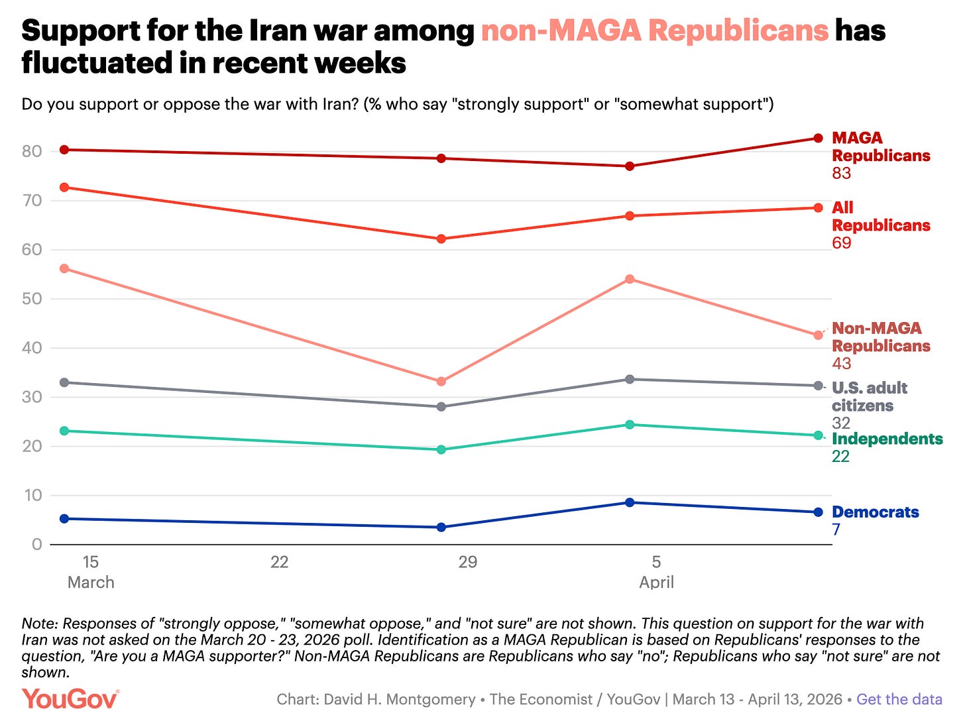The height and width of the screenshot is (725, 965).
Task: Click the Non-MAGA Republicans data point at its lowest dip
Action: (x=441, y=382)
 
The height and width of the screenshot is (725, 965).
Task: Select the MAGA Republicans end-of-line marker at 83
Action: (x=818, y=138)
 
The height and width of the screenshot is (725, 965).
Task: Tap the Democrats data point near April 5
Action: (x=630, y=502)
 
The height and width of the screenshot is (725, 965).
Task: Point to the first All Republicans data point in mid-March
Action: (x=64, y=188)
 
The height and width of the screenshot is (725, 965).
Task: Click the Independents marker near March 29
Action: (x=441, y=449)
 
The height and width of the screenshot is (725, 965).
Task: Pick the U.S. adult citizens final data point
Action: (x=818, y=386)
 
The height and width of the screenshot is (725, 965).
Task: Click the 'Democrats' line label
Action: (x=875, y=512)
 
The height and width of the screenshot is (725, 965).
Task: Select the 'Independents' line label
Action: (x=887, y=439)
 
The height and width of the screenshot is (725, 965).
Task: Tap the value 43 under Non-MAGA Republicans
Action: (x=841, y=363)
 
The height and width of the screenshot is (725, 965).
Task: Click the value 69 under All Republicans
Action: (x=841, y=243)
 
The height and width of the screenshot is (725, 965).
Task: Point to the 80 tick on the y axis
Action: (x=32, y=151)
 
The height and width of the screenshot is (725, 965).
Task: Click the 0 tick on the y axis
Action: (x=36, y=544)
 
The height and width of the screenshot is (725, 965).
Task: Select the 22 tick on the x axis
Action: (x=279, y=562)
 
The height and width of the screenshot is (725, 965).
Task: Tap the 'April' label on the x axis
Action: (x=656, y=582)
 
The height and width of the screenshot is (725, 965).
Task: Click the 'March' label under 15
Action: (x=91, y=582)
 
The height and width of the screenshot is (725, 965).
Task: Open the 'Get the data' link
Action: (x=899, y=699)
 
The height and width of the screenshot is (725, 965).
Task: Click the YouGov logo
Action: (x=70, y=699)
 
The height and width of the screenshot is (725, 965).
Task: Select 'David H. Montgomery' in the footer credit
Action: (x=399, y=699)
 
